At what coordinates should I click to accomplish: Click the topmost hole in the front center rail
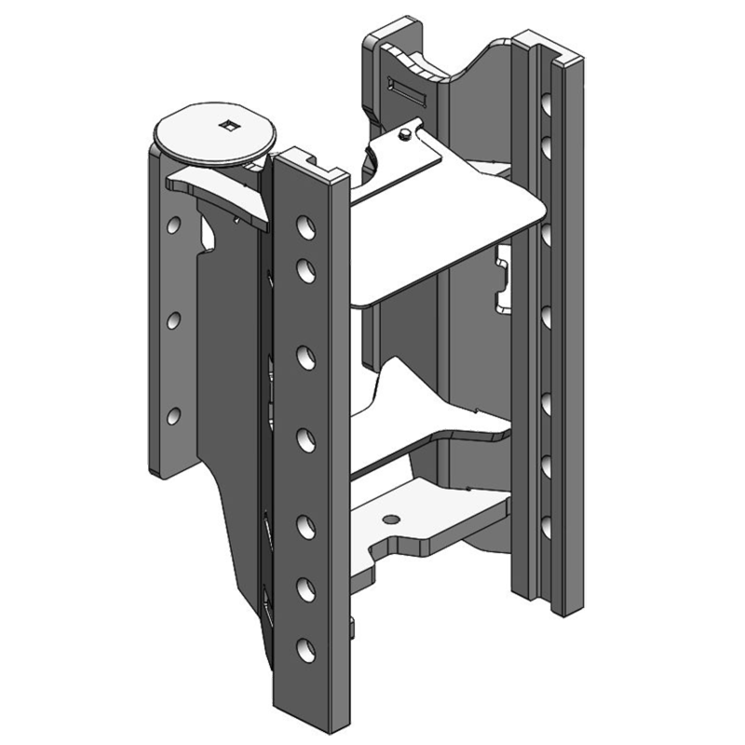304,226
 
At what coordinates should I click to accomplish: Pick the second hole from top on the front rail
305,269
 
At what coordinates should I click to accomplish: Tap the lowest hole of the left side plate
173,415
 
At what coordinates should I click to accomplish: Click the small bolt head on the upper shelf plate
404,136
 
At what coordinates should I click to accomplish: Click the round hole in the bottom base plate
392,518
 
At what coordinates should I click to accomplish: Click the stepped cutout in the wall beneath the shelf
503,279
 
